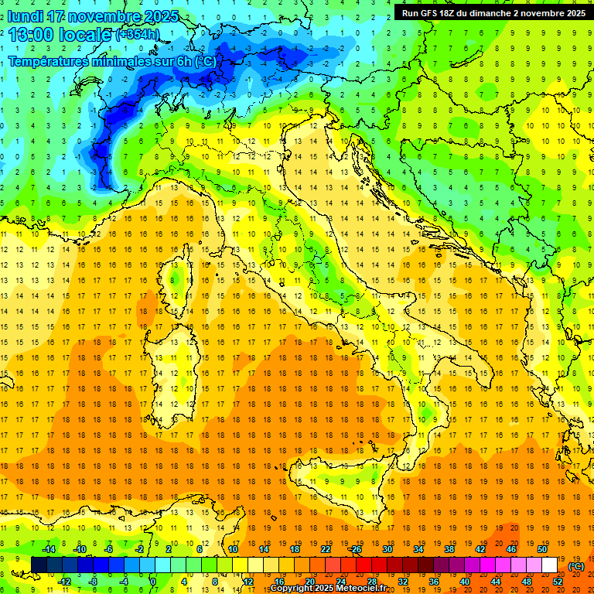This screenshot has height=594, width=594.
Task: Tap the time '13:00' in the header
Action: point(32,35)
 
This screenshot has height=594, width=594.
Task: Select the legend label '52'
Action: point(558,582)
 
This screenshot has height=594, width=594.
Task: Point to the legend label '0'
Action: point(152,582)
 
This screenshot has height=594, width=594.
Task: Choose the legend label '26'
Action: point(357,549)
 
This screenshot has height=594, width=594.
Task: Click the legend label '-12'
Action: point(64,582)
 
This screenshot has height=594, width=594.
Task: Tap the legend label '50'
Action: point(542,549)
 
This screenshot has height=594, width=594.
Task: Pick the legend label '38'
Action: point(449,549)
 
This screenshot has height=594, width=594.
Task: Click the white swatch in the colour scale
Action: point(549,565)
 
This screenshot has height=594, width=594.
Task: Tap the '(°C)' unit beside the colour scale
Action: point(576,566)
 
